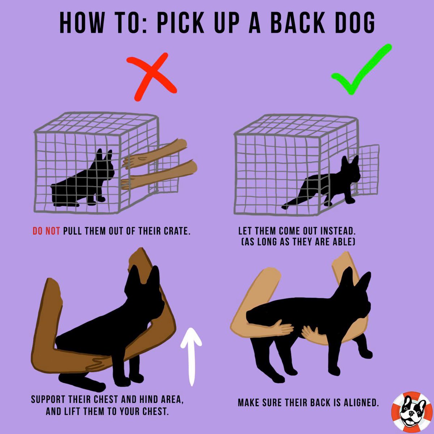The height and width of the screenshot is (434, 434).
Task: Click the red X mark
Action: pyautogui.click(x=151, y=76)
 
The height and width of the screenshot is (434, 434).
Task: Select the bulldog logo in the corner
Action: pyautogui.click(x=412, y=412)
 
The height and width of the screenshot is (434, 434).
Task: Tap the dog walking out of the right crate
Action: pyautogui.click(x=322, y=182)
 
